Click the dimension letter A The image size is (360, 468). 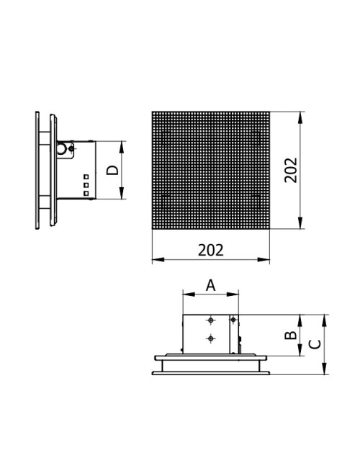[x=210, y=285]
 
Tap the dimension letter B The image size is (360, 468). [x=290, y=336]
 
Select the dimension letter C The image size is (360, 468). [x=315, y=344]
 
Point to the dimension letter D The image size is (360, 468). [x=113, y=170]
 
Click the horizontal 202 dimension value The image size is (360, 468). [x=210, y=250]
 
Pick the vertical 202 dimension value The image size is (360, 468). [x=291, y=170]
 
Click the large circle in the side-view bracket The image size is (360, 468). [x=61, y=148]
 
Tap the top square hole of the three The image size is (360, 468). [x=86, y=177]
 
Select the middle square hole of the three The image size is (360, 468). [x=86, y=185]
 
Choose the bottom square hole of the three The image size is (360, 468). [x=86, y=194]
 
